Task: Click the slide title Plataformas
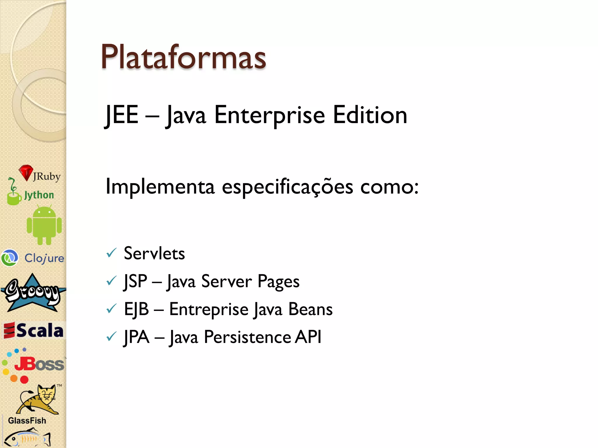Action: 183,57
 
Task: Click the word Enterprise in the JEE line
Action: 269,115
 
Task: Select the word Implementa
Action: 160,187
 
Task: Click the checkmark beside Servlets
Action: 111,253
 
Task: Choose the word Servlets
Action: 154,253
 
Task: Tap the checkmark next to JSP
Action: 111,281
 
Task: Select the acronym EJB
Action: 136,309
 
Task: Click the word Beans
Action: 310,309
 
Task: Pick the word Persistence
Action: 247,337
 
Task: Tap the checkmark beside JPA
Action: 111,337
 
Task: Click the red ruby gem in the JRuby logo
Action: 26,172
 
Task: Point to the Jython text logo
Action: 39,195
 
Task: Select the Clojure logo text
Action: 44,258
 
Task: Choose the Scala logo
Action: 34,330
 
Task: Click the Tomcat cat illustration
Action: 39,400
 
